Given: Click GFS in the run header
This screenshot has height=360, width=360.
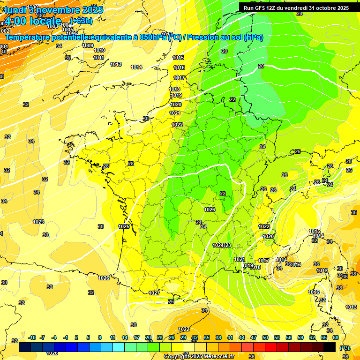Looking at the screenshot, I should pyautogui.click(x=262, y=7).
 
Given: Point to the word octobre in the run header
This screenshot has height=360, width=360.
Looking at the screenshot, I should pyautogui.click(x=323, y=7).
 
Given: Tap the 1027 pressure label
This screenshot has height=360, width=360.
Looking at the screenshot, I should pyautogui.click(x=154, y=293).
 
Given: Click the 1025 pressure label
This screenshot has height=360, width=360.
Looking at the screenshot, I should pyautogui.click(x=124, y=226).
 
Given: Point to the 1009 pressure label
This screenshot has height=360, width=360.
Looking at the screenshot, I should pyautogui.click(x=88, y=45).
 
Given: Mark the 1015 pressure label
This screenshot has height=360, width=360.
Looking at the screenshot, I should pyautogui.click(x=178, y=58).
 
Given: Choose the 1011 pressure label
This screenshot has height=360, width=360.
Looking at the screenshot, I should pyautogui.click(x=98, y=58).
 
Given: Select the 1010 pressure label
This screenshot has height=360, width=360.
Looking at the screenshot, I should pyautogui.click(x=99, y=50).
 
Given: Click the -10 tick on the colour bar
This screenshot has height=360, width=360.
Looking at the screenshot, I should pyautogui.click(x=32, y=337).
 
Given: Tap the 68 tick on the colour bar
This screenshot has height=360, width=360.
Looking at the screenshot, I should pyautogui.click(x=336, y=337).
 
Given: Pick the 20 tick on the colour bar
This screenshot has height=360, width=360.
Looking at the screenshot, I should pyautogui.click(x=148, y=337).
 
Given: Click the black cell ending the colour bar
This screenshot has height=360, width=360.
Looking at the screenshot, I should pyautogui.click(x=330, y=347).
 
